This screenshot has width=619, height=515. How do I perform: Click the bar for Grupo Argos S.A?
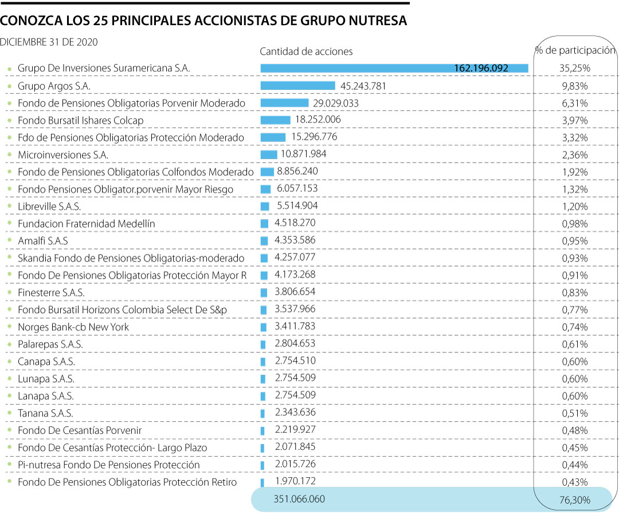[x=297, y=86]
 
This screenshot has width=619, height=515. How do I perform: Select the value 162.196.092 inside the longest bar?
[x=481, y=68]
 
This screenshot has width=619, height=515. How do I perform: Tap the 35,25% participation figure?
[x=574, y=68]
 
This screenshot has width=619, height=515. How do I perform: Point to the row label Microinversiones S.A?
[x=63, y=154]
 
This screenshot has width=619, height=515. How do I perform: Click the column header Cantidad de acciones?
[x=306, y=51]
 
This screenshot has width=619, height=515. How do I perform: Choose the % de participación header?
[x=575, y=50]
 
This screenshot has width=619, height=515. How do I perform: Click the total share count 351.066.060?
[x=300, y=499]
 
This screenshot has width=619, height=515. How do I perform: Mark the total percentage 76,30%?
[x=574, y=501]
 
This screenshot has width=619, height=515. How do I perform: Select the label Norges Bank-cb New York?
[x=73, y=327]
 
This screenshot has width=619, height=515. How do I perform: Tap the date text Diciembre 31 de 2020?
[x=49, y=42]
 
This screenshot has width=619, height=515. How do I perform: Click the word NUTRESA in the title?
[x=378, y=21]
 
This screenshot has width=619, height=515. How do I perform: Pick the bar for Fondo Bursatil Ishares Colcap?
[x=275, y=120]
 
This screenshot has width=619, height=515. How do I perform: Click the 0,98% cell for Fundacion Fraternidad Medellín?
[x=574, y=224]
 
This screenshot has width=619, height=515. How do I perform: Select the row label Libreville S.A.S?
[x=49, y=207]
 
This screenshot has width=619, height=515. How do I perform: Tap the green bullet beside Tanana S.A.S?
[x=9, y=413]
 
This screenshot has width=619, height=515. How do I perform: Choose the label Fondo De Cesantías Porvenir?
[x=80, y=430]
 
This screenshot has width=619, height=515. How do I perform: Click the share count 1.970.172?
[x=295, y=481]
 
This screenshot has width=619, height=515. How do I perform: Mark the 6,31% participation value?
[x=574, y=103]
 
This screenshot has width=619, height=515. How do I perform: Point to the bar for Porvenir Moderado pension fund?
[x=284, y=103]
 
